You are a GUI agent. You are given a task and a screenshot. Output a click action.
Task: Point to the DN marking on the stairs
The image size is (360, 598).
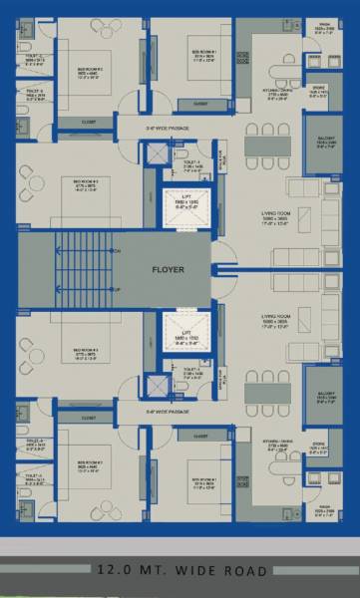pos(118,250)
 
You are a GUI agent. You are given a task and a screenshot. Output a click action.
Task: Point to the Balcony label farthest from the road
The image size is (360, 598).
pos(324,143)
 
